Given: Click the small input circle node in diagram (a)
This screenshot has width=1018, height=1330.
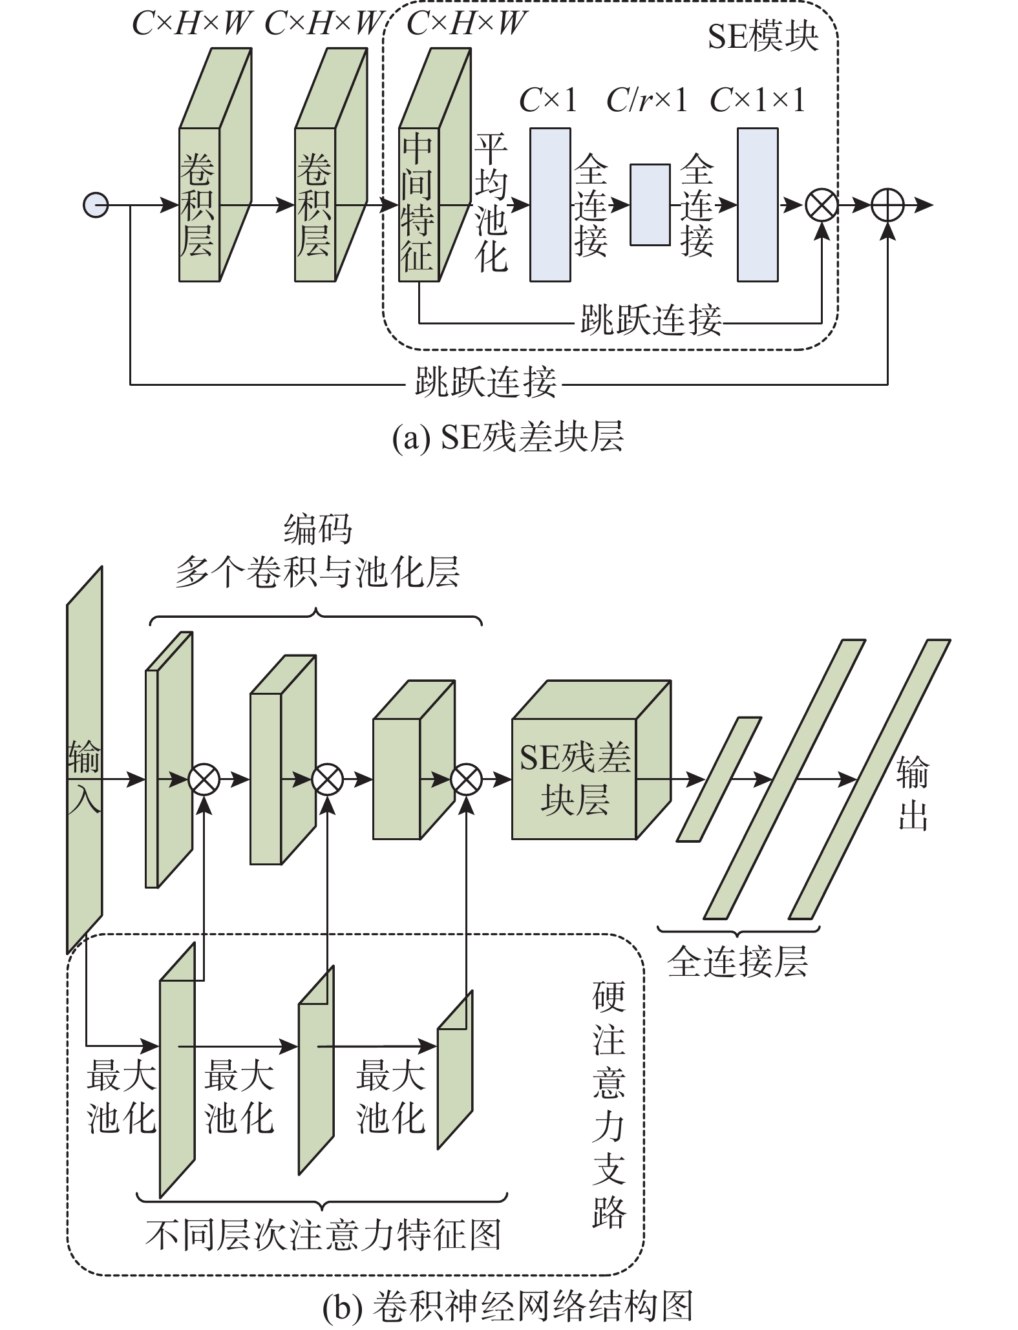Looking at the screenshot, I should [96, 206].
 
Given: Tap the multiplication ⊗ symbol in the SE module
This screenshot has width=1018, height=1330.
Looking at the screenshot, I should [822, 206].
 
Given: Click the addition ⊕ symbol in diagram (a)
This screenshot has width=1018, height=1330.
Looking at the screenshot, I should [887, 206].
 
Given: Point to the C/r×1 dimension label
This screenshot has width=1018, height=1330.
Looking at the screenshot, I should [646, 100].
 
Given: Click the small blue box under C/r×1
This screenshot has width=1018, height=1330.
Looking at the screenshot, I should [650, 205].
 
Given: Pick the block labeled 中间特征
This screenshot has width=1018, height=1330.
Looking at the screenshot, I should [419, 204].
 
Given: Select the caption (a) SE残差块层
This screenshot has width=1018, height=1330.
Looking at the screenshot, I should [508, 438].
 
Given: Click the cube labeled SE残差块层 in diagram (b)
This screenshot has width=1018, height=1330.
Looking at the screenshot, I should [575, 778].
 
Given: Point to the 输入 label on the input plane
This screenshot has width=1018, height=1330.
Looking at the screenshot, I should [85, 779].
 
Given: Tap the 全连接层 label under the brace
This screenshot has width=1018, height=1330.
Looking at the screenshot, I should [737, 962].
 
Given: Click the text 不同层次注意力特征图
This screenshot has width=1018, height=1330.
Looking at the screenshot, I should [323, 1235].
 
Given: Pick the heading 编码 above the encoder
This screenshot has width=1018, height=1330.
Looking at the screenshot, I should [318, 530].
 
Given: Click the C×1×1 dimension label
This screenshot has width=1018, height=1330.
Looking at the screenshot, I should [758, 100].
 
